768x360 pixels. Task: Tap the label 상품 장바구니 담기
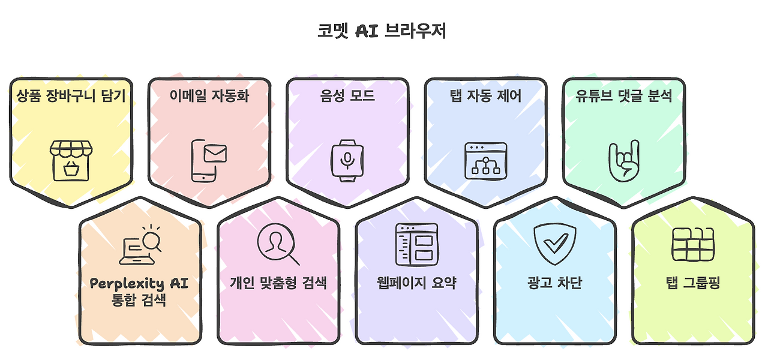pos(71,95)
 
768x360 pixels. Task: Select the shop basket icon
pos(71,160)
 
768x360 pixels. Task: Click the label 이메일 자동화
pos(209,95)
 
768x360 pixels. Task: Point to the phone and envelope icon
pos(208,160)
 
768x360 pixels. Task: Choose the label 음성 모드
pos(348,95)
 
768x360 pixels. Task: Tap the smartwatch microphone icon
pos(348,160)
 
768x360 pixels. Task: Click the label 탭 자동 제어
pos(486,95)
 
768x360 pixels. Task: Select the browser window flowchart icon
pos(486,161)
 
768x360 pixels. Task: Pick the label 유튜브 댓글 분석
pos(624,95)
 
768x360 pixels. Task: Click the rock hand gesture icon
pos(624,161)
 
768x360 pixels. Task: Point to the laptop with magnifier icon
pos(142,245)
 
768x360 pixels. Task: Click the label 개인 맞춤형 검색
pos(278,283)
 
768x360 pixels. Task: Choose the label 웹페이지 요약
pos(417,283)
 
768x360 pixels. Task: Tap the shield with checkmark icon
pos(555,244)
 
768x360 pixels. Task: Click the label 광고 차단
pos(555,283)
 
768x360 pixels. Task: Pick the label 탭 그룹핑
pos(694,283)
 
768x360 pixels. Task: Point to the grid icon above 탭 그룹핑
pos(694,244)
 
